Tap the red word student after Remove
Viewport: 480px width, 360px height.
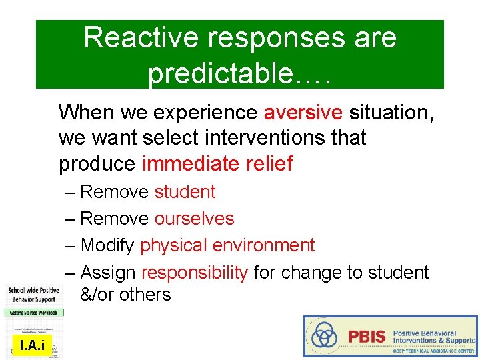point(185,192)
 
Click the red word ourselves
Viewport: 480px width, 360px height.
point(194,219)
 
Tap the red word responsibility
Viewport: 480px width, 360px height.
point(195,273)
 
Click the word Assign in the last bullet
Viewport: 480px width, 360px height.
point(108,273)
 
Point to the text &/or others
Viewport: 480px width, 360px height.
point(125,295)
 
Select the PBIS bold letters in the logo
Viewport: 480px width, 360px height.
point(367,336)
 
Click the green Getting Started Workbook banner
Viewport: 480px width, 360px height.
point(32,312)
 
